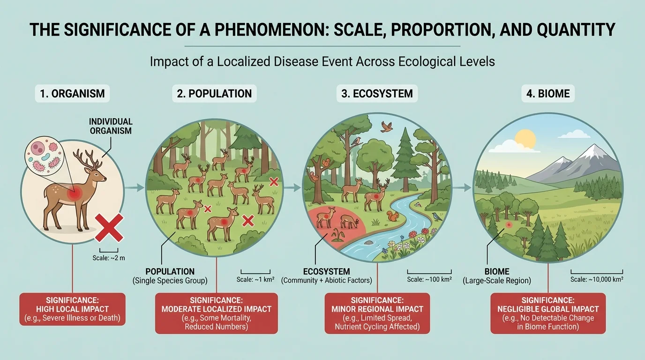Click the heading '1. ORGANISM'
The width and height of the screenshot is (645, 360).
click(x=72, y=94)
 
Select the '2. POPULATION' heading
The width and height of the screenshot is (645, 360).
click(x=215, y=94)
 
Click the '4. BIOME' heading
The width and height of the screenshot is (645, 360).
click(x=547, y=94)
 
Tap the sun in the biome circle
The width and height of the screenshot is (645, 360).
click(x=525, y=139)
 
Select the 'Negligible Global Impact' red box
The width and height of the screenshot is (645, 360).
click(x=547, y=313)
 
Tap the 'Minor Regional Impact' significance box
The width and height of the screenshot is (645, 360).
click(x=377, y=313)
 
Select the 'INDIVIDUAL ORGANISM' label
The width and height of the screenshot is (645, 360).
click(x=111, y=126)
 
